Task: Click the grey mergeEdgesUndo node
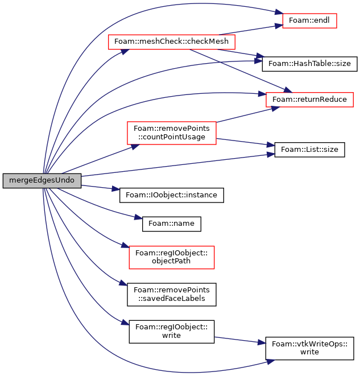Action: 42,180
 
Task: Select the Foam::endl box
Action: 309,20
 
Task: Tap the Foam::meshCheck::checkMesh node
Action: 171,42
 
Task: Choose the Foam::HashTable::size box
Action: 309,64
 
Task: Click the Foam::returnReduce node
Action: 309,100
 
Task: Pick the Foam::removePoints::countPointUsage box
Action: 172,133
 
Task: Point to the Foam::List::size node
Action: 309,150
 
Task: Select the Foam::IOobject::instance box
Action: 172,195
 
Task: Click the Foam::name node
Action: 172,224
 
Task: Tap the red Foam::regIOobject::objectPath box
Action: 172,257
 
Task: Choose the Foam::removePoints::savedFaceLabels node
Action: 172,295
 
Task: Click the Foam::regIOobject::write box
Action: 172,332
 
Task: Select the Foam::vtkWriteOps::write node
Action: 309,348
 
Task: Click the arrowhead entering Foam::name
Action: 139,217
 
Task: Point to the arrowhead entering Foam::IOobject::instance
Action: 116,189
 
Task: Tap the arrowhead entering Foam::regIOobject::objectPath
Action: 125,245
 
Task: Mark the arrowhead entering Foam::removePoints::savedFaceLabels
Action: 123,283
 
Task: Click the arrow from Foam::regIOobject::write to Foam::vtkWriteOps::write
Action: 240,340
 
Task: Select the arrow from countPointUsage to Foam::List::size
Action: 245,142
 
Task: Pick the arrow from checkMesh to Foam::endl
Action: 251,30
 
